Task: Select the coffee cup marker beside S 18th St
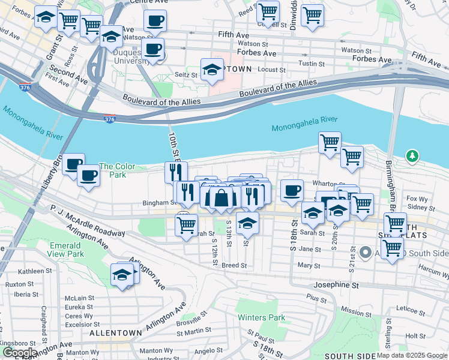pos(292,190)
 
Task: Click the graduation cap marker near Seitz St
pos(212,70)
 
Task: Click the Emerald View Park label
pos(65,250)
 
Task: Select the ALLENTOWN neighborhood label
pos(115,332)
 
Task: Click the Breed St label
pos(234,265)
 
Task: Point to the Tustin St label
pos(312,64)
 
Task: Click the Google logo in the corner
pos(20,353)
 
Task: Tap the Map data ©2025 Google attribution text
pos(412,355)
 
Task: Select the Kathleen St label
pos(19,271)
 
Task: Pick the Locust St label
pos(271,70)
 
